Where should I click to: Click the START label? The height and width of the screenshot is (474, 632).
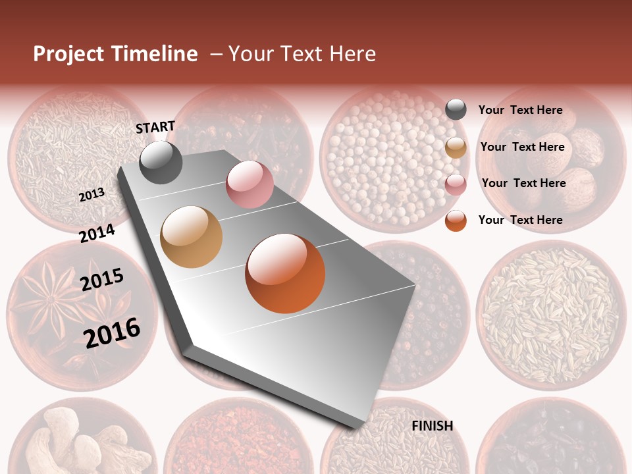155,127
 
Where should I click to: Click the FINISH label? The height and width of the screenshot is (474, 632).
432,426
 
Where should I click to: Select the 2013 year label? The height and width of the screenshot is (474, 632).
92,195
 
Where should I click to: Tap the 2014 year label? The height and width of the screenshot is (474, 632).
97,234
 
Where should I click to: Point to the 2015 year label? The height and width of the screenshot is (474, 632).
102,280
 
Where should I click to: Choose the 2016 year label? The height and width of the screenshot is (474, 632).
112,333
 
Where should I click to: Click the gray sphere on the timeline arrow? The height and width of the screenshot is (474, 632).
161,162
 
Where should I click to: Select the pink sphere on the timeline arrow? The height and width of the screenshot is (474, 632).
250,184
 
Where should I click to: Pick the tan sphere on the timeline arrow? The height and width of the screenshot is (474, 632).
192,237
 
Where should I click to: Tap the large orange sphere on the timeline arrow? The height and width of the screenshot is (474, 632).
285,273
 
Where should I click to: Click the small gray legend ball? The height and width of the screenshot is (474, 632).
456,109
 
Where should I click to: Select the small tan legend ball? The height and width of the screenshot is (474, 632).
456,147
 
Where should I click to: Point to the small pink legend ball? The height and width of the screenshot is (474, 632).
456,184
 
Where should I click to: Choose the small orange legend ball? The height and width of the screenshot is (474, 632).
456,221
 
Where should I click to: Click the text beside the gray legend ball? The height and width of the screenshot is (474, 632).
521,110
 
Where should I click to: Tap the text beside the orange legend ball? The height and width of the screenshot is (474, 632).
521,220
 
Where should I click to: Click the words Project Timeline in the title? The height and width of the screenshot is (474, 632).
115,54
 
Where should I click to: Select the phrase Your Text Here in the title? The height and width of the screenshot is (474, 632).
302,54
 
